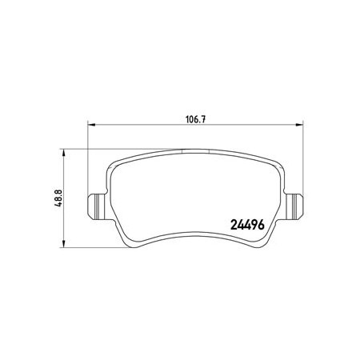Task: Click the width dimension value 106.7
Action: (195, 119)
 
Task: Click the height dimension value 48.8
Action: (58, 198)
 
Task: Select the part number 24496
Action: (247, 225)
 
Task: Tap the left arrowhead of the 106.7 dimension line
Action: (91, 124)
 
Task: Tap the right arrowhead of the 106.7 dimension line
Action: (299, 124)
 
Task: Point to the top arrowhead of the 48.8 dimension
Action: (63, 153)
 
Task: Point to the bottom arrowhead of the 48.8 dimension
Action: (63, 244)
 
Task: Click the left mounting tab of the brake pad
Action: (98, 206)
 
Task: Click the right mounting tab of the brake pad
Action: (294, 206)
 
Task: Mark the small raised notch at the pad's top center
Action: (195, 151)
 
